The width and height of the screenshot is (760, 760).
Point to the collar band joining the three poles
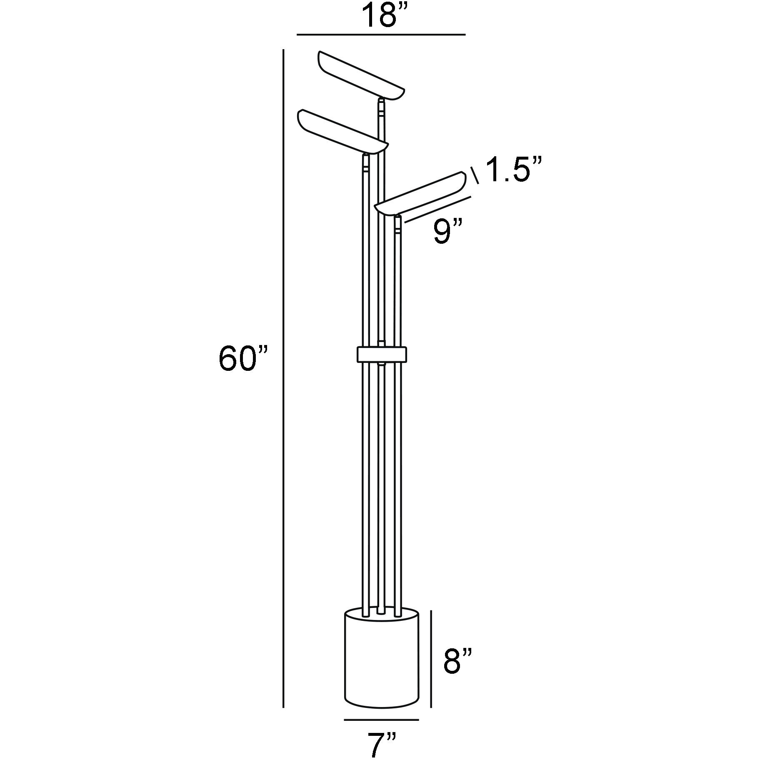click(x=382, y=354)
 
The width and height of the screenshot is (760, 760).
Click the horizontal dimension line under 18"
click(x=381, y=35)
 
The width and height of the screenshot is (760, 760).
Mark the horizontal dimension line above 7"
click(x=381, y=719)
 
